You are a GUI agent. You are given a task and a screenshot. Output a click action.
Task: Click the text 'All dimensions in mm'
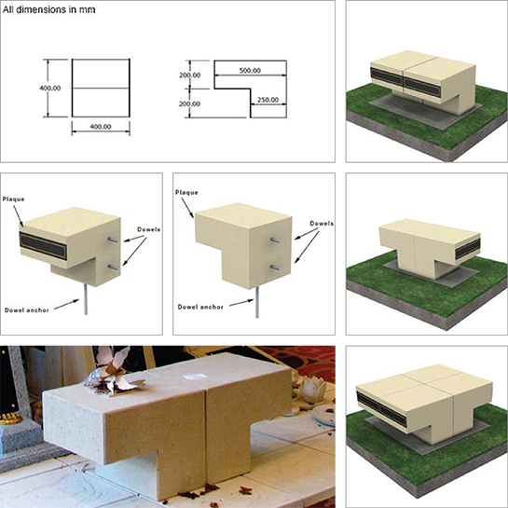pos(48,9)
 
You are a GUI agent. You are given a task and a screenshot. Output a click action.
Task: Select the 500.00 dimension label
pos(250,70)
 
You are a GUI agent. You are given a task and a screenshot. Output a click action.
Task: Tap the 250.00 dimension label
pos(268,100)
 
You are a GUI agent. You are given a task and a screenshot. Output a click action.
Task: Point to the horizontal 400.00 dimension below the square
pos(101,127)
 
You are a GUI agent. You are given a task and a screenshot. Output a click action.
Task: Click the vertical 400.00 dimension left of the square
pos(50,89)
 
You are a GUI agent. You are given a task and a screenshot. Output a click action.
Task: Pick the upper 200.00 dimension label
pos(189,76)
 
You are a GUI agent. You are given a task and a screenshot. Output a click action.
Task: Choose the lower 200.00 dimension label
pos(189,104)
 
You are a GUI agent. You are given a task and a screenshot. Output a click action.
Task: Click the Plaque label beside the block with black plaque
pos(14,199)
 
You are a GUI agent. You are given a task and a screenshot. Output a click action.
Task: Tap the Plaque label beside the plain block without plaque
pos(186,192)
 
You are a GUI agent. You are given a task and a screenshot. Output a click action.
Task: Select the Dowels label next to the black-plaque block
pos(149,229)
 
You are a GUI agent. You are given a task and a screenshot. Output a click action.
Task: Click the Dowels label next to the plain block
pos(322,223)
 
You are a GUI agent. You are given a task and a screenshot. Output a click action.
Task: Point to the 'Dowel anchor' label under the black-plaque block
pos(27,310)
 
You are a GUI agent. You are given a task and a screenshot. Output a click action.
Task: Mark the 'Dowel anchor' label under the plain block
pos(200,307)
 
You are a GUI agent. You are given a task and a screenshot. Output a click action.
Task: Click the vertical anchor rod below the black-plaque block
pos(86,299)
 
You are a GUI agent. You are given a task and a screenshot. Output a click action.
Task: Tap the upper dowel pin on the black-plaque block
pos(113,240)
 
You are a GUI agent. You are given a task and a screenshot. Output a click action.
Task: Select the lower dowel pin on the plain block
pos(275,268)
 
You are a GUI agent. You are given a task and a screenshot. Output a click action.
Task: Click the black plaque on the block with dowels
pos(44,246)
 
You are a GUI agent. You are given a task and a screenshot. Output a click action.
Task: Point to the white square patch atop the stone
pos(195,377)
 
